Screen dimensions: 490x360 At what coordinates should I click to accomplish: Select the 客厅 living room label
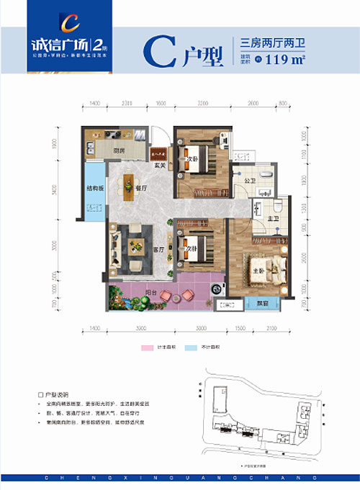[159, 250]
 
